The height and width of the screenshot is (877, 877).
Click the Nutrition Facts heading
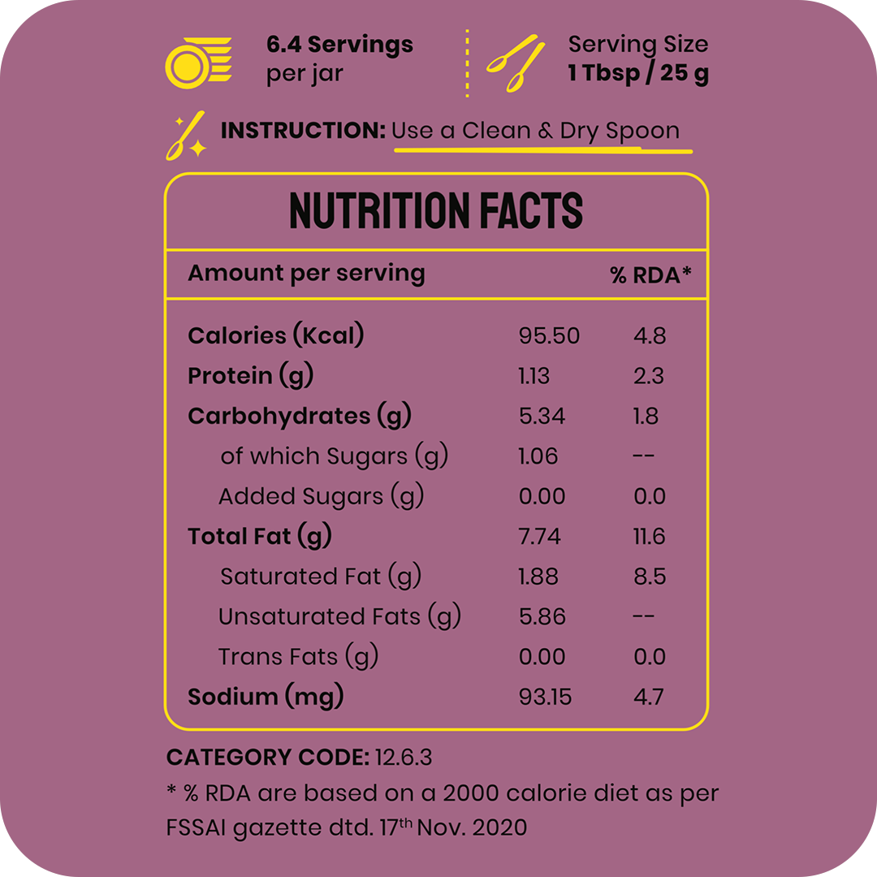pos(436,211)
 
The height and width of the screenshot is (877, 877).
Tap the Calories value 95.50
pos(549,336)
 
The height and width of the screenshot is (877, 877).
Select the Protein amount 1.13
pos(534,376)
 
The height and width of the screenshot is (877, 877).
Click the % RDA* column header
pos(650,275)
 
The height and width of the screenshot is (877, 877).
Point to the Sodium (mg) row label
pos(266,697)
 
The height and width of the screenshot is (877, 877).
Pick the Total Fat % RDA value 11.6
pos(649,537)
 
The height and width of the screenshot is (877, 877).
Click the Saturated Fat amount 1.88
pos(538,577)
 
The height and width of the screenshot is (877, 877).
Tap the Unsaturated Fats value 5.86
pos(542,617)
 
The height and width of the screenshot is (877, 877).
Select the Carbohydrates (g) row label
pos(299,417)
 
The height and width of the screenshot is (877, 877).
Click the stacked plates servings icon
pos(198,62)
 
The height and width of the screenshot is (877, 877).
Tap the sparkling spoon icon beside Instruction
pos(185,137)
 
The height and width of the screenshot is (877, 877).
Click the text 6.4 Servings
pos(339,45)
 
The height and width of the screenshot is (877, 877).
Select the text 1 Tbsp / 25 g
pos(638,74)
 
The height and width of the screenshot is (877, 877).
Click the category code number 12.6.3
pos(404,758)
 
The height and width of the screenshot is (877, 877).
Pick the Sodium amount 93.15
pos(545,697)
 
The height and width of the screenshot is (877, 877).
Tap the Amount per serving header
pos(306,274)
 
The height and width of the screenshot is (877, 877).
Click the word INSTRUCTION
pos(303,131)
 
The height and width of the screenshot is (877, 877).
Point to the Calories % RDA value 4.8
pos(650,336)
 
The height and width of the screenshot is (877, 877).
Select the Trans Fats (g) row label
pos(298,657)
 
